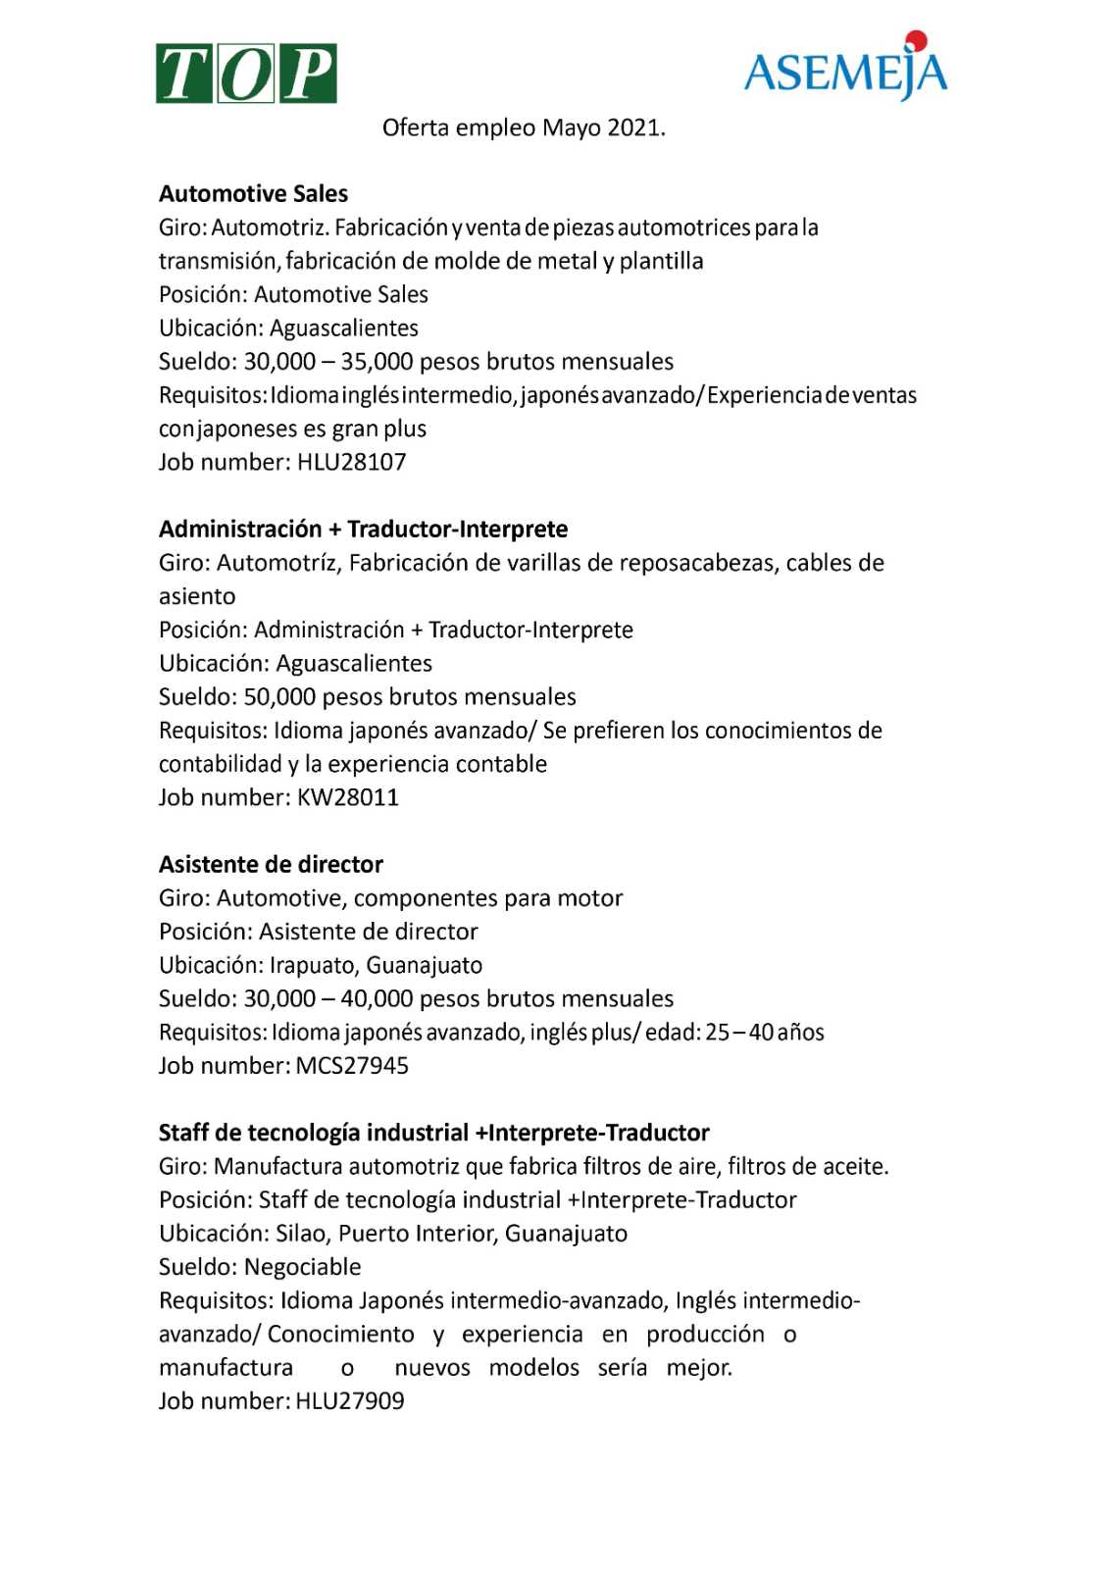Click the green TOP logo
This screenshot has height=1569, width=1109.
pyautogui.click(x=246, y=74)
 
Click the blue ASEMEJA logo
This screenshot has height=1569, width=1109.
pyautogui.click(x=845, y=71)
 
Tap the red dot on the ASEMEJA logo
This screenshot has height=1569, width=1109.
pyautogui.click(x=916, y=40)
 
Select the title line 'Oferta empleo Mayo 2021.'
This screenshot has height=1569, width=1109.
pyautogui.click(x=524, y=127)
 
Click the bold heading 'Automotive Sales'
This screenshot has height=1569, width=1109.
pyautogui.click(x=253, y=193)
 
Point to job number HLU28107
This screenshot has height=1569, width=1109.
pyautogui.click(x=351, y=462)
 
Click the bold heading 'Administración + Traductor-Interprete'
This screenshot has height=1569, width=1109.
pyautogui.click(x=363, y=529)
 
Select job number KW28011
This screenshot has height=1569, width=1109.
pyautogui.click(x=348, y=797)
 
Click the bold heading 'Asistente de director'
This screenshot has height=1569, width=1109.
pyautogui.click(x=271, y=864)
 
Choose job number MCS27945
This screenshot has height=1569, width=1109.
pyautogui.click(x=351, y=1066)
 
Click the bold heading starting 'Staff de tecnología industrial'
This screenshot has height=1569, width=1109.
pyautogui.click(x=433, y=1133)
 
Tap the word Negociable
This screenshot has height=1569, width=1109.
pyautogui.click(x=302, y=1267)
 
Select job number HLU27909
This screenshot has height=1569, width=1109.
pyautogui.click(x=349, y=1401)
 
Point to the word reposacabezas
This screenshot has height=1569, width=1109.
pyautogui.click(x=699, y=563)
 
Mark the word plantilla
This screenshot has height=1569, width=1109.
pyautogui.click(x=661, y=261)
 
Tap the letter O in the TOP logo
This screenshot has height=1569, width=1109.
pyautogui.click(x=246, y=75)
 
